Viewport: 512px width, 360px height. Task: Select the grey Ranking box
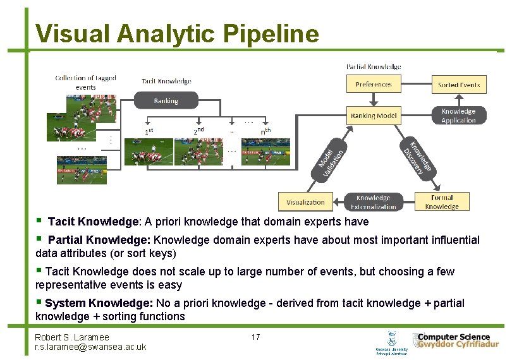click(x=166, y=100)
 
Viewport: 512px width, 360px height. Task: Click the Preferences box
click(x=373, y=84)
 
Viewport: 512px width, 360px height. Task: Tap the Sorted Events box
click(x=459, y=85)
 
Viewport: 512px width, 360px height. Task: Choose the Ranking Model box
click(x=374, y=115)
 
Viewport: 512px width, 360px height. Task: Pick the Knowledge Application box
click(x=458, y=116)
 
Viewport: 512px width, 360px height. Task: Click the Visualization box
click(x=305, y=202)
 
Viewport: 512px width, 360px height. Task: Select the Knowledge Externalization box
click(x=373, y=202)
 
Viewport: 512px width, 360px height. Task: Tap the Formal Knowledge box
click(x=442, y=202)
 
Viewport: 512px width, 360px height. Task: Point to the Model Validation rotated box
click(x=331, y=159)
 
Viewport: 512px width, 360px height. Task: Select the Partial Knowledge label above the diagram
click(x=373, y=66)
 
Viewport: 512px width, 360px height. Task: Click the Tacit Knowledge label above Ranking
click(x=166, y=81)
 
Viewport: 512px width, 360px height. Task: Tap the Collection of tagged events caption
click(x=85, y=82)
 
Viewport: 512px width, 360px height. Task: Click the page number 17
click(x=255, y=337)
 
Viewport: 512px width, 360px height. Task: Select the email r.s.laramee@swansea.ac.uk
click(x=90, y=347)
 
